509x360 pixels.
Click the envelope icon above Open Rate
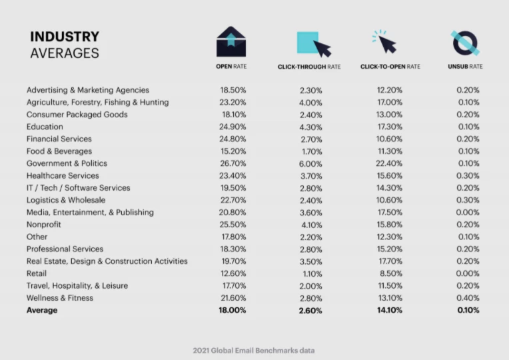point(231,42)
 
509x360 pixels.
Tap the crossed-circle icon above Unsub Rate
point(466,42)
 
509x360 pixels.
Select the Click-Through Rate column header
point(309,67)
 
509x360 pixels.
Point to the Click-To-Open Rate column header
point(390,67)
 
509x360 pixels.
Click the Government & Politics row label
point(67,163)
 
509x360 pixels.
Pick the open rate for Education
point(233,127)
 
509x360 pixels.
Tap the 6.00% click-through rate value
point(310,163)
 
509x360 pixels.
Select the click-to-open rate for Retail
point(390,273)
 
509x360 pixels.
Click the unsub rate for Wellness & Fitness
point(468,298)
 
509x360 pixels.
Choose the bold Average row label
point(42,311)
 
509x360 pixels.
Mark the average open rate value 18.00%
point(233,311)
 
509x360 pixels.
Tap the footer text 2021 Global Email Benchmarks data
point(253,350)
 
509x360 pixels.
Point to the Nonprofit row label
point(45,225)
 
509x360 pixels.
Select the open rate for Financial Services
point(233,139)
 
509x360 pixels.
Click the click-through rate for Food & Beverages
point(310,151)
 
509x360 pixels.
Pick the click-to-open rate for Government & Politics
point(390,163)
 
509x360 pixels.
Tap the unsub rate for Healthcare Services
point(468,175)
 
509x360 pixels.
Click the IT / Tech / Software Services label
point(79,188)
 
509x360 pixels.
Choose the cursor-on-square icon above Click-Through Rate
point(312,43)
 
